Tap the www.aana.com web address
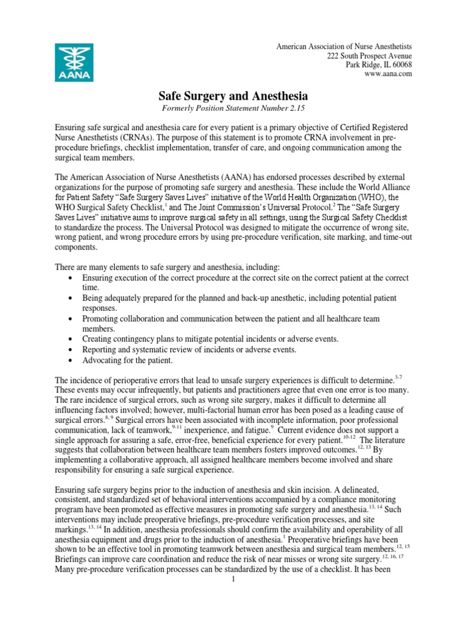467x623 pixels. click(388, 74)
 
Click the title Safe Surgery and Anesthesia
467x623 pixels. click(233, 96)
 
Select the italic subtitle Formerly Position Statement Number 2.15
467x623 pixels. click(233, 108)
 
